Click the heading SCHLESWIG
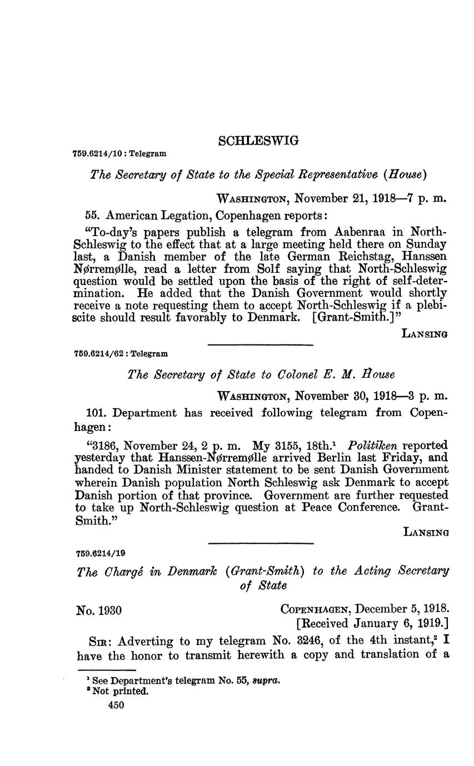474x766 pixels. [x=258, y=141]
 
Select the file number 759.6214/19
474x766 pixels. [x=100, y=553]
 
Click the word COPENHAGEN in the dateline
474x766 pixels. [x=315, y=610]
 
